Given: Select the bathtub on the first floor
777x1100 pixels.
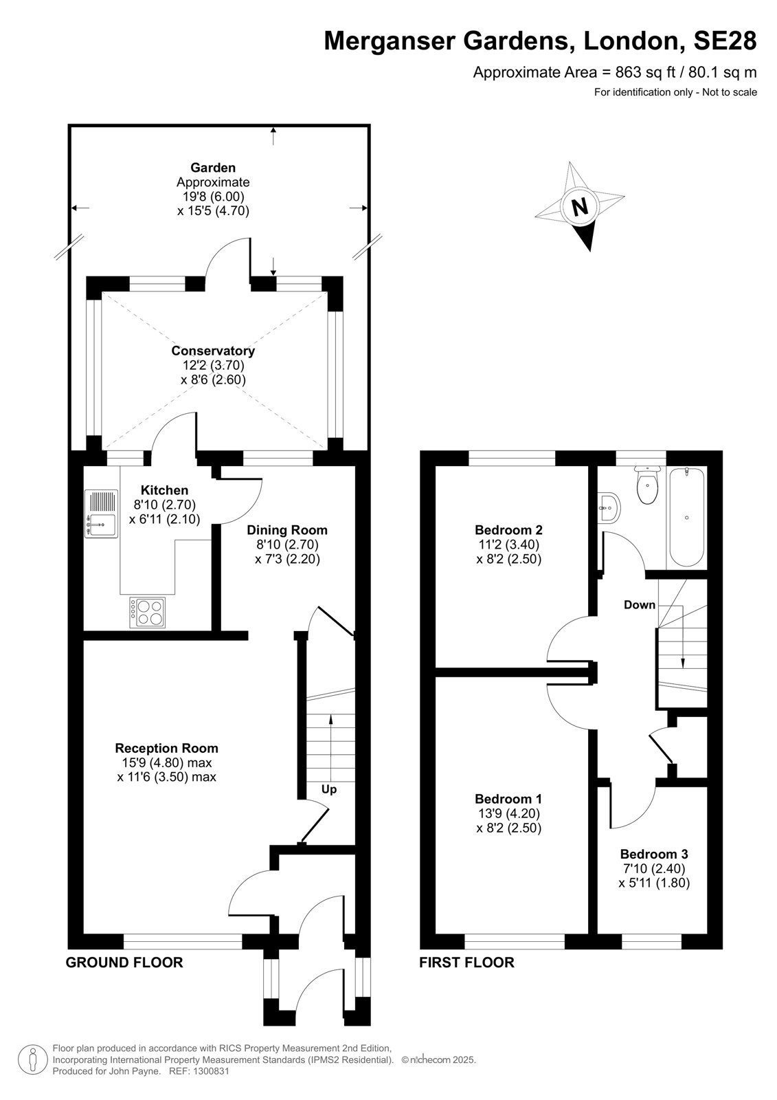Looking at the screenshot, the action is pos(687,516).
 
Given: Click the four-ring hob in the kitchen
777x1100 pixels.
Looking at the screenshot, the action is pos(147,613).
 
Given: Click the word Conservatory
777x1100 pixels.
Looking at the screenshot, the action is pos(213,351).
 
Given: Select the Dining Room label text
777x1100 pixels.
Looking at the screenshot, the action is pos(286,530).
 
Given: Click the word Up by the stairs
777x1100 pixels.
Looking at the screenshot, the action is pos(329,789).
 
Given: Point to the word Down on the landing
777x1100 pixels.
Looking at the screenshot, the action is pos(640,605).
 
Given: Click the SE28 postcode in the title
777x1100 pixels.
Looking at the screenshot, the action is pos(725,41).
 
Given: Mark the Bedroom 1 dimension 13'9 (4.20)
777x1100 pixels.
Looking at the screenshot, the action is pos(508,813).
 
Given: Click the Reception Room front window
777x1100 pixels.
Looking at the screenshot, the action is pos(183,941).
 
